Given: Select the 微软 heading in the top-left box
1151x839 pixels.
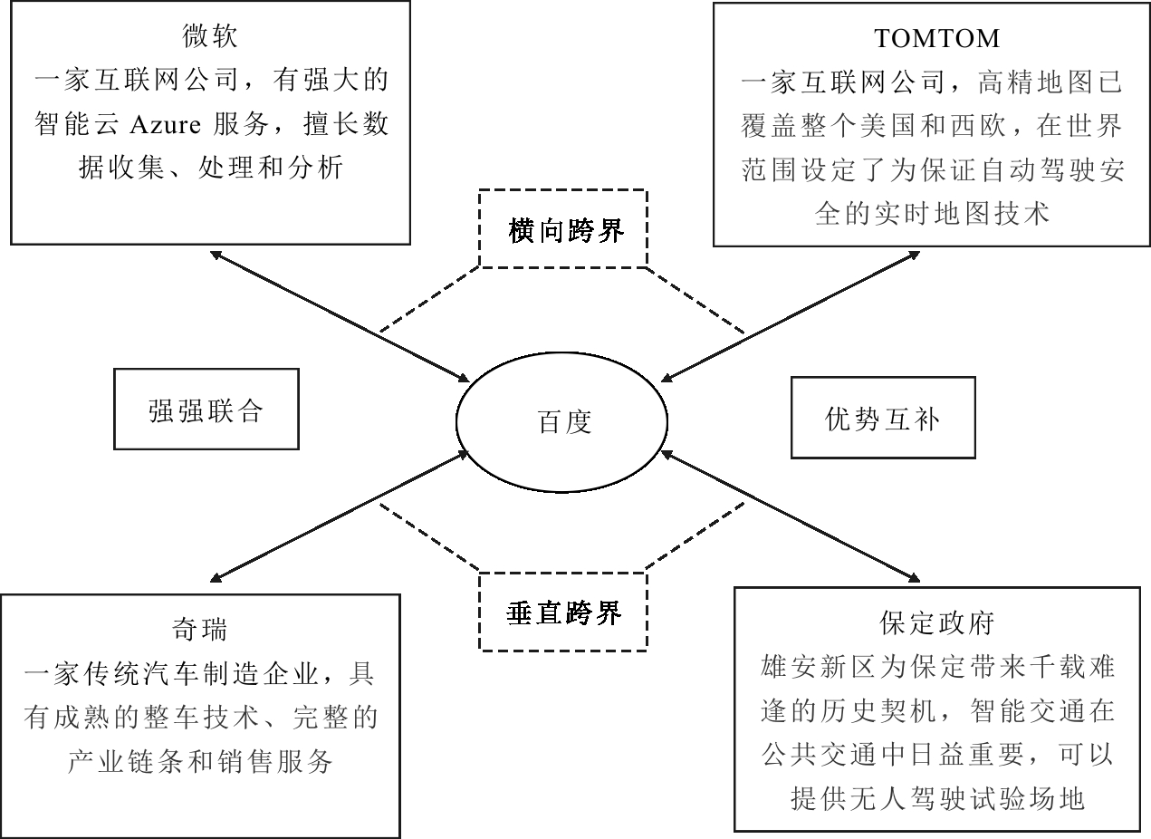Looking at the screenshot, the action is (x=210, y=36).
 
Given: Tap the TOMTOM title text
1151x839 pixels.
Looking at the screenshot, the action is (x=936, y=39).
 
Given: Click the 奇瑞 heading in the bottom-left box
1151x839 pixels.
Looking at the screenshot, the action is (x=199, y=630).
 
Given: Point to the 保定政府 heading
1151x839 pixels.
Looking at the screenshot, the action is (x=937, y=623).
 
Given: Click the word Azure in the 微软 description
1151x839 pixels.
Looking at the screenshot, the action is (x=165, y=125).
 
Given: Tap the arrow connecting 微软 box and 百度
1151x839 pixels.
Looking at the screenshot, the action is (x=341, y=317).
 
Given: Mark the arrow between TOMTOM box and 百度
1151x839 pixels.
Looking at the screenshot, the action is (x=791, y=317).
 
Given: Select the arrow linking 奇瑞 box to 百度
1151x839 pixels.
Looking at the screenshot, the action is (x=341, y=516).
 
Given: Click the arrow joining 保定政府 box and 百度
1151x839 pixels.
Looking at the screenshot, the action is (x=791, y=516).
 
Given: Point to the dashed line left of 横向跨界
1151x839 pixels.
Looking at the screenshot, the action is (x=429, y=299).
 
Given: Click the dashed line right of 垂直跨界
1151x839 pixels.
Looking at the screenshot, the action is (x=695, y=536).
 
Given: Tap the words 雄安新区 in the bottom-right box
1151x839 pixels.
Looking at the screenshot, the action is (x=819, y=667).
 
